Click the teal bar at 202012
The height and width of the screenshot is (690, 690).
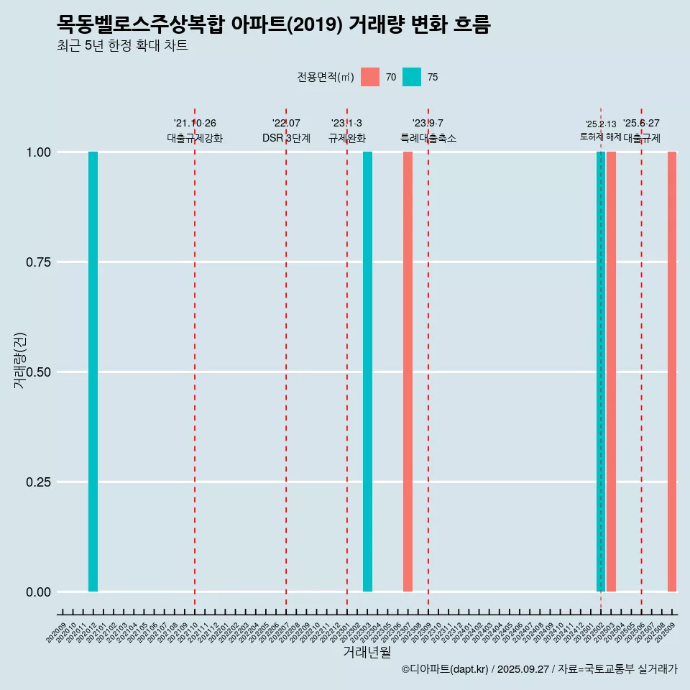click(93, 372)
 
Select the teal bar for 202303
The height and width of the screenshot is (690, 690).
click(367, 372)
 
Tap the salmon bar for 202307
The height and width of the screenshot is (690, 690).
click(408, 372)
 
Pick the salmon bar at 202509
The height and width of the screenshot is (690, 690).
click(672, 372)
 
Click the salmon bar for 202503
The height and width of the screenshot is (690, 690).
click(611, 372)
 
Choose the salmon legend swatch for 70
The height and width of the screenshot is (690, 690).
click(370, 77)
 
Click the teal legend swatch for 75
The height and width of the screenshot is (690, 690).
click(412, 77)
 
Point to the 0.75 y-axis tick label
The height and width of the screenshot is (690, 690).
click(33, 262)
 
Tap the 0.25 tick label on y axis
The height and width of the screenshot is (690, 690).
click(33, 482)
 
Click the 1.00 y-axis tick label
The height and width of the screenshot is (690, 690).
click(33, 152)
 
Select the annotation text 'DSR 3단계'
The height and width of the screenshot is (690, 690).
click(286, 138)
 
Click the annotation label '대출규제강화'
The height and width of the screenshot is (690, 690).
click(195, 138)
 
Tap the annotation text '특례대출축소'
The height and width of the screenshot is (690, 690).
click(428, 138)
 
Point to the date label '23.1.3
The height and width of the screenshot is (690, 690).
click(346, 123)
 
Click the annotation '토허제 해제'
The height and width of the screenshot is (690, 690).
click(601, 137)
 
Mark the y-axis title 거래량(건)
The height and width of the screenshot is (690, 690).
click(19, 360)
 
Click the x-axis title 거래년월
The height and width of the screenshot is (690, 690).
click(367, 652)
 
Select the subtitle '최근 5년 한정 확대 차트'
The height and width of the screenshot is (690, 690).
click(122, 46)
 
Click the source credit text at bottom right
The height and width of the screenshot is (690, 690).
click(539, 669)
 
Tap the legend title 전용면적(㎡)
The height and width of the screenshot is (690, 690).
click(326, 77)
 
